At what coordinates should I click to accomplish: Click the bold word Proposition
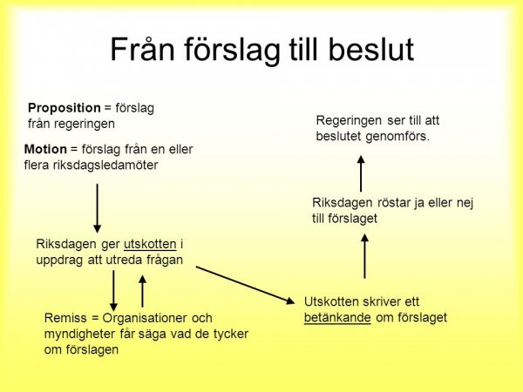pos(65,108)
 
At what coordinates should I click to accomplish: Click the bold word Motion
pos(45,149)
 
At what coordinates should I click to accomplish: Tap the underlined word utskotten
pos(150,244)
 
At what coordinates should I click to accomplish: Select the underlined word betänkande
pos(337,318)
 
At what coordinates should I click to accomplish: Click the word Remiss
pos(65,318)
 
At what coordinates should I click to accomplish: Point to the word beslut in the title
pos(371,50)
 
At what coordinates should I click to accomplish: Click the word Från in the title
pos(142,49)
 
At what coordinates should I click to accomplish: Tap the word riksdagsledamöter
pos(105,165)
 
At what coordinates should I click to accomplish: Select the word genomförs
pos(397,137)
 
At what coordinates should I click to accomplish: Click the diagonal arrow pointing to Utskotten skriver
pos(246,286)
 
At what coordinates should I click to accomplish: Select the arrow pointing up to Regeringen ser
pos(361,173)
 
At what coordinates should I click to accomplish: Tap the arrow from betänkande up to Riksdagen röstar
pos(364,256)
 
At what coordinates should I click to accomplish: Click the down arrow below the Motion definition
pos(97,208)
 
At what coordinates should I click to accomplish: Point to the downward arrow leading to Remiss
pos(113,290)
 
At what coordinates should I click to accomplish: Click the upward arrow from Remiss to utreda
pos(142,291)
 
